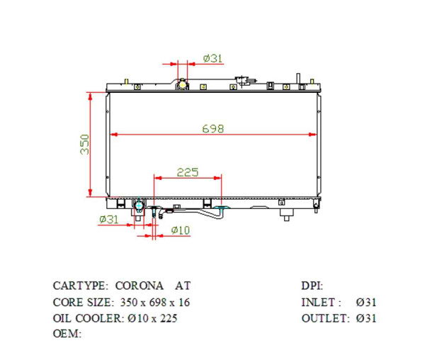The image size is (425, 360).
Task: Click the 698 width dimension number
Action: [x=212, y=128]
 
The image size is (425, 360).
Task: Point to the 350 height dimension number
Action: [x=84, y=145]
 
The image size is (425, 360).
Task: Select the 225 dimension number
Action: [x=187, y=172]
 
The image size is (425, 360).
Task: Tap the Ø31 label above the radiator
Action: [x=212, y=59]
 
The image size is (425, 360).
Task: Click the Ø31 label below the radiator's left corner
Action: [x=108, y=220]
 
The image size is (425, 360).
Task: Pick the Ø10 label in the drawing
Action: [x=181, y=230]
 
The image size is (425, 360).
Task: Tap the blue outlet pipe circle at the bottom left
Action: [x=140, y=206]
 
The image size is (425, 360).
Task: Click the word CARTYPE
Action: [x=80, y=286]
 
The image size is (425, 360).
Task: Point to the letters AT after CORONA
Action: [x=183, y=286]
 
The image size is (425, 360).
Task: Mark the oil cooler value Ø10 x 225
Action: [x=153, y=318]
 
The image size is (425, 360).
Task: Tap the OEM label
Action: [x=67, y=334]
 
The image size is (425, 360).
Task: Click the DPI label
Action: [x=312, y=286]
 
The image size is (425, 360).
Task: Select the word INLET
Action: [x=321, y=303]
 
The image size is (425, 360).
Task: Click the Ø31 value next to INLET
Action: [x=366, y=303]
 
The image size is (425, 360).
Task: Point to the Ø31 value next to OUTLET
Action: [x=366, y=318]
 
